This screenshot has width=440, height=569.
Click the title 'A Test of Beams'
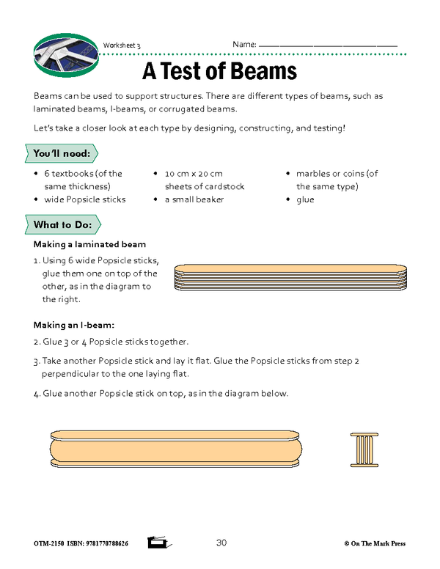point(219,71)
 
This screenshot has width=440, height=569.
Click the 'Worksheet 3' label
point(122,45)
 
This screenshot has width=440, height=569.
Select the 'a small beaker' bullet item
point(194,199)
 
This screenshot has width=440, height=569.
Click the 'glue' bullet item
point(305,199)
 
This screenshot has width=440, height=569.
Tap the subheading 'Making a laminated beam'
point(90,244)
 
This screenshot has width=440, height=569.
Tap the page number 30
point(223,543)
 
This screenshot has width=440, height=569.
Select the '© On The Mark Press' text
point(374,544)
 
